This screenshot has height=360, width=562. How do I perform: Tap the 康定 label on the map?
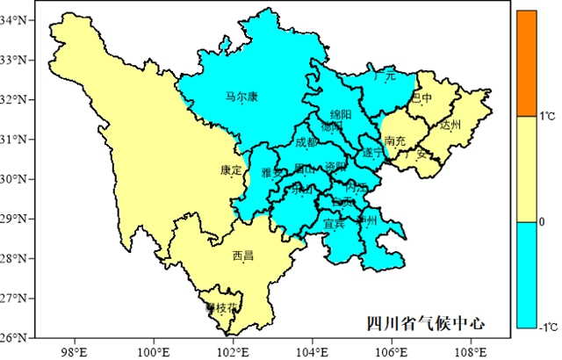(231, 170)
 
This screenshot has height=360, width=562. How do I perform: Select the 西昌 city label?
(243, 256)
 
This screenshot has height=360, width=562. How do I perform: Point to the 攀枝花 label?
(221, 308)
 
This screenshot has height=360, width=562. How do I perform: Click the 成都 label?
(306, 141)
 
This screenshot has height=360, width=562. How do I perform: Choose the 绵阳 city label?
(341, 115)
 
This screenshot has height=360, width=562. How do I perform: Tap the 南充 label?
(394, 140)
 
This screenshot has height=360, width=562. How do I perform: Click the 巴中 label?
(422, 97)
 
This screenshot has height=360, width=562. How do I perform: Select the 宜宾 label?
(335, 224)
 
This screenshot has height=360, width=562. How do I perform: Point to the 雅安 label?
(273, 173)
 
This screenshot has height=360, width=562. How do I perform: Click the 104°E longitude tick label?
(313, 352)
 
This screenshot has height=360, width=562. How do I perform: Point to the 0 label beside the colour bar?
(542, 221)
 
